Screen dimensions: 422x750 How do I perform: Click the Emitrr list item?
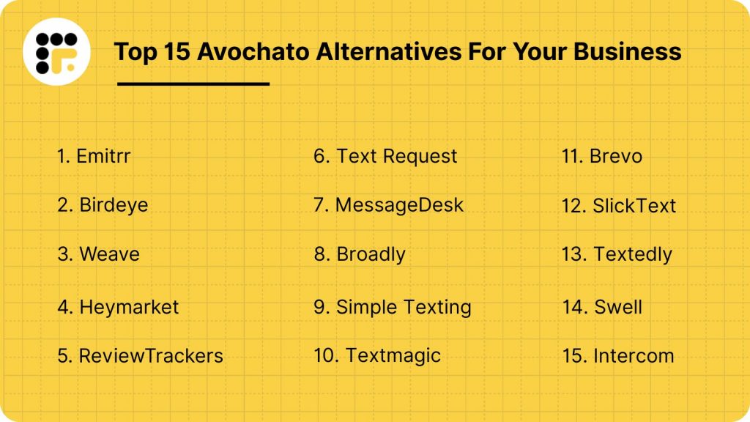94,156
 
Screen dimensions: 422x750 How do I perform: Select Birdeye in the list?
103,205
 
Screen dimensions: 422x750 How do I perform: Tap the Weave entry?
98,254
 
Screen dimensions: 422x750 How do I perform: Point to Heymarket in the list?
118,306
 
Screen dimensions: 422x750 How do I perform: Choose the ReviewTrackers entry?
140,356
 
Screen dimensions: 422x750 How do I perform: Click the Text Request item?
385,156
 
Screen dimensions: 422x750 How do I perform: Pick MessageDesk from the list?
389,205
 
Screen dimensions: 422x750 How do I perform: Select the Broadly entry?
360,254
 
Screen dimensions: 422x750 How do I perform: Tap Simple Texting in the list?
393,306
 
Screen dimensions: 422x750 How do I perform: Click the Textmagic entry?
377,356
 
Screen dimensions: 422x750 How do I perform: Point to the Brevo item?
602,156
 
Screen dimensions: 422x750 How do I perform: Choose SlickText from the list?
619,206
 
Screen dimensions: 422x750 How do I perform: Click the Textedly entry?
617,254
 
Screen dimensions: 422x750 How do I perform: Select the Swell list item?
602,306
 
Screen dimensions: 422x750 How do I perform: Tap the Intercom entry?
617,356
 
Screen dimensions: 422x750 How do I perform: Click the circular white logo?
56,51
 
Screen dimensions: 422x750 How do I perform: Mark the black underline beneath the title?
193,84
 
